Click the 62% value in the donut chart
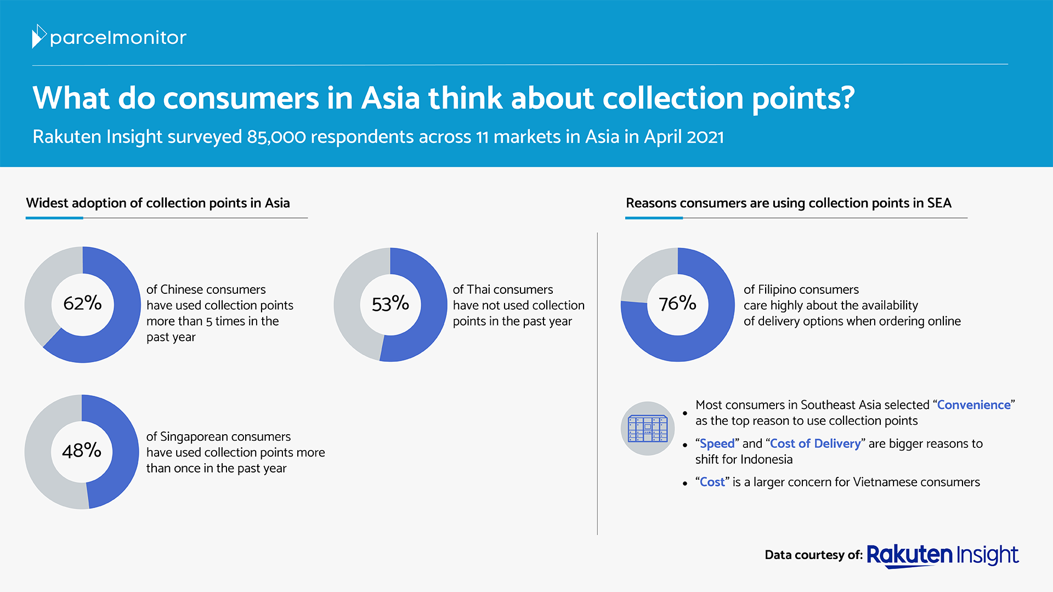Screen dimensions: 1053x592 pos(82,303)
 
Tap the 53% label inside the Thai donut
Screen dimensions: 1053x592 pos(390,304)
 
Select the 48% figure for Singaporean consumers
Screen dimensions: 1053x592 pos(82,451)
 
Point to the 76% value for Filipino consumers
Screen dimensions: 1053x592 pos(677,303)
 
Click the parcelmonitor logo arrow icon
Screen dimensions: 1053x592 pos(39,36)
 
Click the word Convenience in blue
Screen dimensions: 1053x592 pos(973,405)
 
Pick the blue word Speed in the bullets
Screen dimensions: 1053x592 pos(717,443)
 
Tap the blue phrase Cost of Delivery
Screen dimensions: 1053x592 pos(816,443)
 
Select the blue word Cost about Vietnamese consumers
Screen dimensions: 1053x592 pos(712,482)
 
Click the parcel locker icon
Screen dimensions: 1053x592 pos(647,429)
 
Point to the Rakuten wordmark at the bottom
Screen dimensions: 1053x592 pos(909,555)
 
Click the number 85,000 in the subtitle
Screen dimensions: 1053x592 pos(276,137)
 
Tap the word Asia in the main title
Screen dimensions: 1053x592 pos(390,98)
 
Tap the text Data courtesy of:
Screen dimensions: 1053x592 pos(814,555)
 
